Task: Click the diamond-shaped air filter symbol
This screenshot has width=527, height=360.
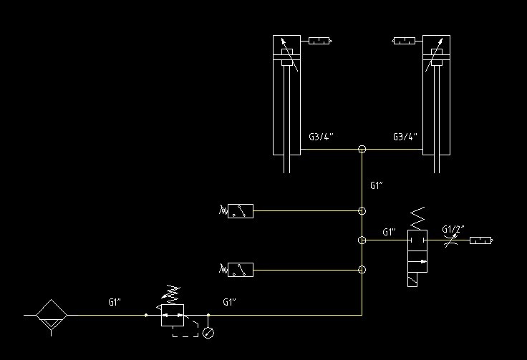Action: (x=51, y=314)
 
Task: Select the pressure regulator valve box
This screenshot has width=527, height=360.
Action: (x=173, y=314)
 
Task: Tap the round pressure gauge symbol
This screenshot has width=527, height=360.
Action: (x=208, y=332)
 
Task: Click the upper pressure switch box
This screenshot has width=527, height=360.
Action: (x=241, y=211)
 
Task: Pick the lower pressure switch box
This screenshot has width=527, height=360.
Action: (x=241, y=270)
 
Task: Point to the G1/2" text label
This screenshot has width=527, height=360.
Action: (x=453, y=229)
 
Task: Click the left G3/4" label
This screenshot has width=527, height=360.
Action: (x=321, y=136)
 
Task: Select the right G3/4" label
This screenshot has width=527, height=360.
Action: (x=405, y=136)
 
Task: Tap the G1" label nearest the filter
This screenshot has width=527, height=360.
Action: (x=115, y=303)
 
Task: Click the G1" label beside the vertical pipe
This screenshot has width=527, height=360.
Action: (x=377, y=186)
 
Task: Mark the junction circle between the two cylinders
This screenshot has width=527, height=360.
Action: (x=362, y=150)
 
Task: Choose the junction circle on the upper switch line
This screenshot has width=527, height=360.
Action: (x=362, y=211)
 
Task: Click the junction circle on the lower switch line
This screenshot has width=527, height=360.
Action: (x=362, y=270)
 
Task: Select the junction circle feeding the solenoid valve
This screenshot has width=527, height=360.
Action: (x=362, y=240)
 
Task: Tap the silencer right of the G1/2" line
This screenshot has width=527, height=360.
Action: (x=481, y=240)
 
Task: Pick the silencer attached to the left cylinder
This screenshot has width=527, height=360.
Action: (x=319, y=41)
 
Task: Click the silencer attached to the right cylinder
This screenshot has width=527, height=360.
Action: (x=405, y=41)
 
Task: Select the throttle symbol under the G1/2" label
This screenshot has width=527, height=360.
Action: (x=450, y=240)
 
